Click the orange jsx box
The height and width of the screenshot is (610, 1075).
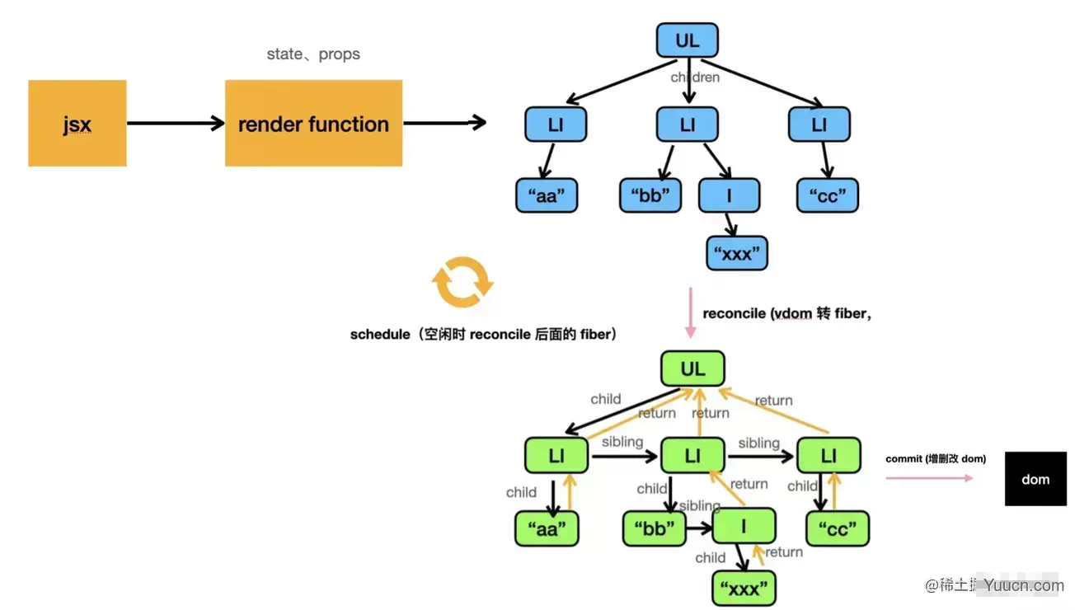(77, 124)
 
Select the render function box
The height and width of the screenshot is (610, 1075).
(313, 124)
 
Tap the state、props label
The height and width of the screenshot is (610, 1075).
(313, 54)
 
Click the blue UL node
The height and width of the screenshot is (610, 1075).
(687, 40)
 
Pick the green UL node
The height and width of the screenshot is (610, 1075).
(692, 369)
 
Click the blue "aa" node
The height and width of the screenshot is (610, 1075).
(547, 196)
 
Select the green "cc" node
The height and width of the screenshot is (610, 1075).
(837, 528)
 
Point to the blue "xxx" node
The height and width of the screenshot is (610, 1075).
(737, 253)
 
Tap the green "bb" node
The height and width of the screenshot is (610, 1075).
(655, 528)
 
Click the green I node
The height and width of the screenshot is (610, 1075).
(744, 526)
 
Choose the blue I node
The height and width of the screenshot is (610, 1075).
(729, 196)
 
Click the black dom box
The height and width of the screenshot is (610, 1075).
(1035, 479)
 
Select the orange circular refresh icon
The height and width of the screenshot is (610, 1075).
(462, 282)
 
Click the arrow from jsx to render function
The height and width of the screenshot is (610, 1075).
(175, 124)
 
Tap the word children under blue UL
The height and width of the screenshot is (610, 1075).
(695, 77)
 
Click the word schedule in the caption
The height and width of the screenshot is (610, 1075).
(379, 335)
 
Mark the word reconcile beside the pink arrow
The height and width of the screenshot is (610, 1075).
(734, 313)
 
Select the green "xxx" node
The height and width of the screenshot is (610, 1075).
(744, 589)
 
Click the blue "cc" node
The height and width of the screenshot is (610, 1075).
(828, 196)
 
